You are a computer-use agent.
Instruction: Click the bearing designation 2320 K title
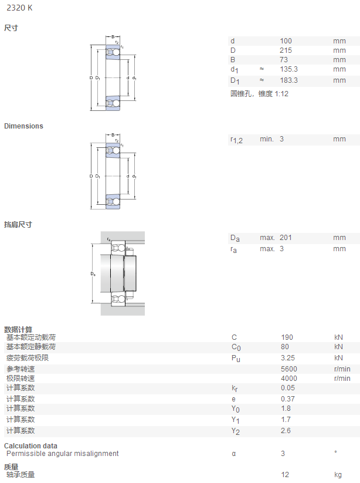coord(19,8)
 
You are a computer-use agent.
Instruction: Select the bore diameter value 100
coord(286,41)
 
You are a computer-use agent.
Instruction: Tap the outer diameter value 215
coord(286,50)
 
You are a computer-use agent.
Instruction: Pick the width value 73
coord(284,60)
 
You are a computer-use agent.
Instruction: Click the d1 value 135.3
coord(288,69)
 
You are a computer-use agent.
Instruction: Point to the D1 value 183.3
coord(288,80)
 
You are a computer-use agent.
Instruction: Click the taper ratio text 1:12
coord(281,94)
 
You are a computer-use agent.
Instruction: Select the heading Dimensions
coord(23,126)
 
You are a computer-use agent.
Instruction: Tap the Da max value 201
coord(286,238)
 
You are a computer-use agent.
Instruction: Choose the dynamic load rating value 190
coord(287,337)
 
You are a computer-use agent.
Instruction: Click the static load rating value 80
coord(284,347)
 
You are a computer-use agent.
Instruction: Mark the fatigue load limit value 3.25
coord(288,358)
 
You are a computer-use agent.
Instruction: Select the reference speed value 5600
coord(289,369)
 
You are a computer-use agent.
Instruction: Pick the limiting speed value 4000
coord(289,379)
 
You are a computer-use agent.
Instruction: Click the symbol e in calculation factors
coord(233,399)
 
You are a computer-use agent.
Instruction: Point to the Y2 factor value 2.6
coord(286,431)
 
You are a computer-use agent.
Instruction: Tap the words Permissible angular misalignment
coord(63,454)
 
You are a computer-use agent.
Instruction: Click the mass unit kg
coord(338,475)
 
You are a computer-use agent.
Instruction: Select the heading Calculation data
coord(30,445)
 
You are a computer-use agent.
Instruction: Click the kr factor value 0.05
coord(288,388)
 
